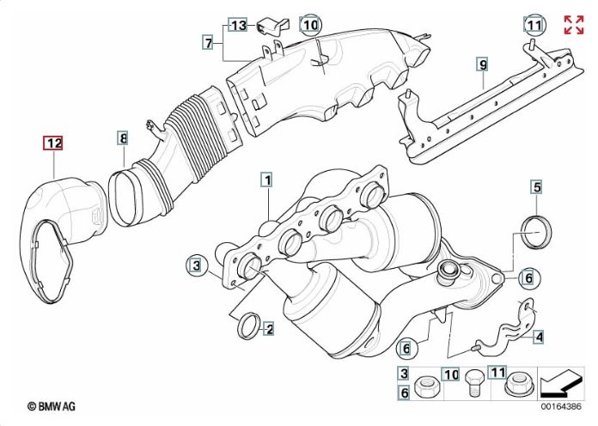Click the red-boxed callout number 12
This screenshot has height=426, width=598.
[53, 143]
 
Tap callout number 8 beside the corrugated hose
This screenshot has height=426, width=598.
[122, 138]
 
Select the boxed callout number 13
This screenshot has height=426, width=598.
[238, 26]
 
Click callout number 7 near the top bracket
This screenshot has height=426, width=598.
[208, 43]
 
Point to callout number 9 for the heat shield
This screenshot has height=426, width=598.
[483, 64]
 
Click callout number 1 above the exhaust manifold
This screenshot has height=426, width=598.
[267, 180]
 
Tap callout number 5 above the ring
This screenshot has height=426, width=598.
[537, 187]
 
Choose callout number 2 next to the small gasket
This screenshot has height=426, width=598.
[269, 328]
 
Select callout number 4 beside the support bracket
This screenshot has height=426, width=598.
[540, 337]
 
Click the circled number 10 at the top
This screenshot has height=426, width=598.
[310, 26]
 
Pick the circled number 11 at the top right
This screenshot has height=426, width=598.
[534, 26]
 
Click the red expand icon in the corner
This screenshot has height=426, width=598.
[574, 25]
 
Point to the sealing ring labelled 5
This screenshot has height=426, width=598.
[536, 232]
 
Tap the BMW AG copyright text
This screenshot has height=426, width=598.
[52, 406]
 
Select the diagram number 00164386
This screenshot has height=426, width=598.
[561, 406]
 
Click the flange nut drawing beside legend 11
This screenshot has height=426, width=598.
[518, 384]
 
